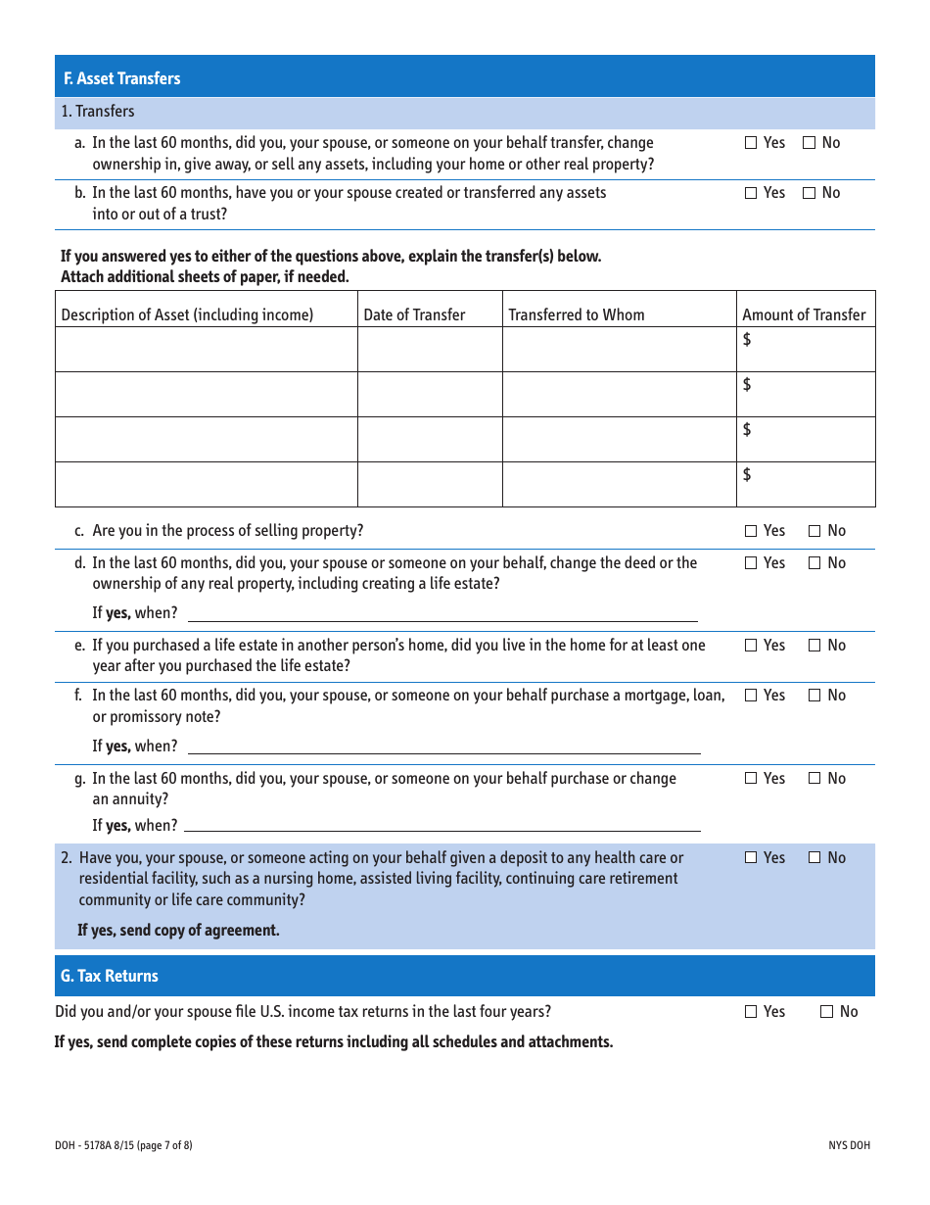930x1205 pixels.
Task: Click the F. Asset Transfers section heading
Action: point(122,78)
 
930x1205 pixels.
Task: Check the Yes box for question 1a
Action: point(751,143)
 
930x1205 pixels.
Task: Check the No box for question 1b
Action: point(810,193)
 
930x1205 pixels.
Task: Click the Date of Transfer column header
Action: point(414,314)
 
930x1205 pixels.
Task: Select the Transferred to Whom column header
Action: point(577,314)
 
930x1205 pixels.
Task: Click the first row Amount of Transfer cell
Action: point(806,349)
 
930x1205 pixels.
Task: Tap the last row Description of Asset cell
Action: point(206,484)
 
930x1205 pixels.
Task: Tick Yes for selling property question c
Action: point(751,531)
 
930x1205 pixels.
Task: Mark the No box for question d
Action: point(814,563)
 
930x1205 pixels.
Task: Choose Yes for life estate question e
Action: point(751,646)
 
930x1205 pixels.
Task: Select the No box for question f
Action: point(814,696)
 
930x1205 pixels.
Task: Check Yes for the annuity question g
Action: point(751,779)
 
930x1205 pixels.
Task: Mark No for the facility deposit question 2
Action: point(814,858)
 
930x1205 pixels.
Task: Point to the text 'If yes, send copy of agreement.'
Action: point(178,930)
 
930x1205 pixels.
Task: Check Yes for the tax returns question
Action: point(751,1012)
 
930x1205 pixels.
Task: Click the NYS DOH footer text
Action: point(848,1145)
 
